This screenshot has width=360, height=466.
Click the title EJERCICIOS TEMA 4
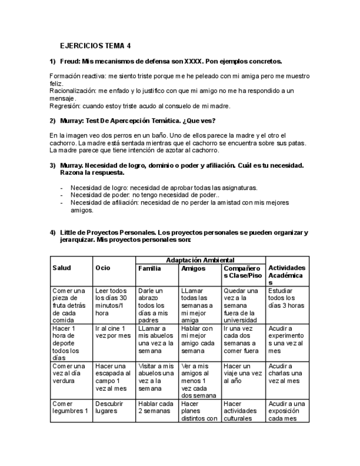point(96,46)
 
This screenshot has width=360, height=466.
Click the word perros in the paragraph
point(128,135)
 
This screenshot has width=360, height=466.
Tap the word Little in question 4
point(70,232)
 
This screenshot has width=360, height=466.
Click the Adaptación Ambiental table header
point(200,259)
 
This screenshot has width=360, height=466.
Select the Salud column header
point(62,268)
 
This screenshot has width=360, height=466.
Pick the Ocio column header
point(103,268)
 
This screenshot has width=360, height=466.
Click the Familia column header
point(149,268)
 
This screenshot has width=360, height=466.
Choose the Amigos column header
point(193,268)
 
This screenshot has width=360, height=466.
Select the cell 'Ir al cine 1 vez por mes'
point(113,332)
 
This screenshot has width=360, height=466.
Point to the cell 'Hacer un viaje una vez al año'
point(243,373)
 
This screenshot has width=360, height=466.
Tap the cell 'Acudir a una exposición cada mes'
point(286,410)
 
